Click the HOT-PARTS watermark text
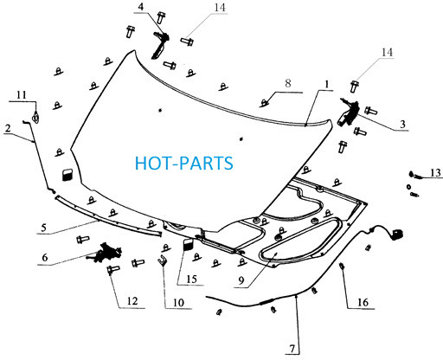coord(184,163)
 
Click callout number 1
coord(326,84)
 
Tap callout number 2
coord(8,128)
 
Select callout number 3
coord(403,124)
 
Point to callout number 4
coord(141,7)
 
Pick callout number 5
coord(43,228)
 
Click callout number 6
coord(45,257)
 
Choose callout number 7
coord(292,349)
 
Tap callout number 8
coord(288,83)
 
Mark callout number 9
coord(241,280)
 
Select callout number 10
coord(178,303)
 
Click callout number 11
coord(22,94)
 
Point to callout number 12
coord(132,301)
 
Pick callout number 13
coord(435,173)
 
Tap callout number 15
coord(191,280)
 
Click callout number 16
coord(363,302)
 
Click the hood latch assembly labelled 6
coord(105,253)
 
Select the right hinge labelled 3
coord(349,112)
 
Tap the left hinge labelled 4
coord(160,45)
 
